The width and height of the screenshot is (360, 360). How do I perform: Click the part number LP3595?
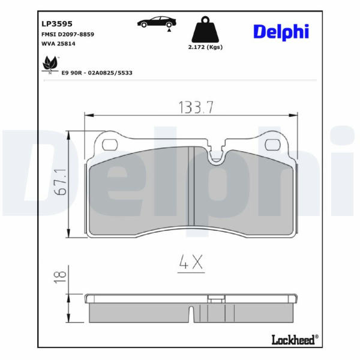point(57,23)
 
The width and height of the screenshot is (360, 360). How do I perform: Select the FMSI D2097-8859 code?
point(68,34)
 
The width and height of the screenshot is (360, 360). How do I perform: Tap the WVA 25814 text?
point(58,44)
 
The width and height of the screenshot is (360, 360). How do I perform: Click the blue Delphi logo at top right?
point(281,32)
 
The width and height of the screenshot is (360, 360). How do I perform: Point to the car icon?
point(157,22)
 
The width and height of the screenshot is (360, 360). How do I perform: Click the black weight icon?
point(205,29)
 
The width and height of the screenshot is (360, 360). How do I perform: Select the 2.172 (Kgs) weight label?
point(205,47)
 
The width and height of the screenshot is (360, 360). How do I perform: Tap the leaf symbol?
point(50,64)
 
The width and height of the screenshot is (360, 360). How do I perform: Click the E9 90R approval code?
point(97,73)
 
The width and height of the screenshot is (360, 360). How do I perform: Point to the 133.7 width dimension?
point(196,107)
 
